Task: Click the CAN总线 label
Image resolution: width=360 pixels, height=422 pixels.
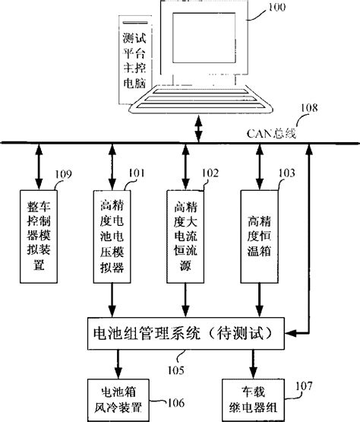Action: (x=265, y=133)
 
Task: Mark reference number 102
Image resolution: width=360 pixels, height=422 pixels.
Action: (x=208, y=173)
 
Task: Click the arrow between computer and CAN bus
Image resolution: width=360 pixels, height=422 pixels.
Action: (x=200, y=128)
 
